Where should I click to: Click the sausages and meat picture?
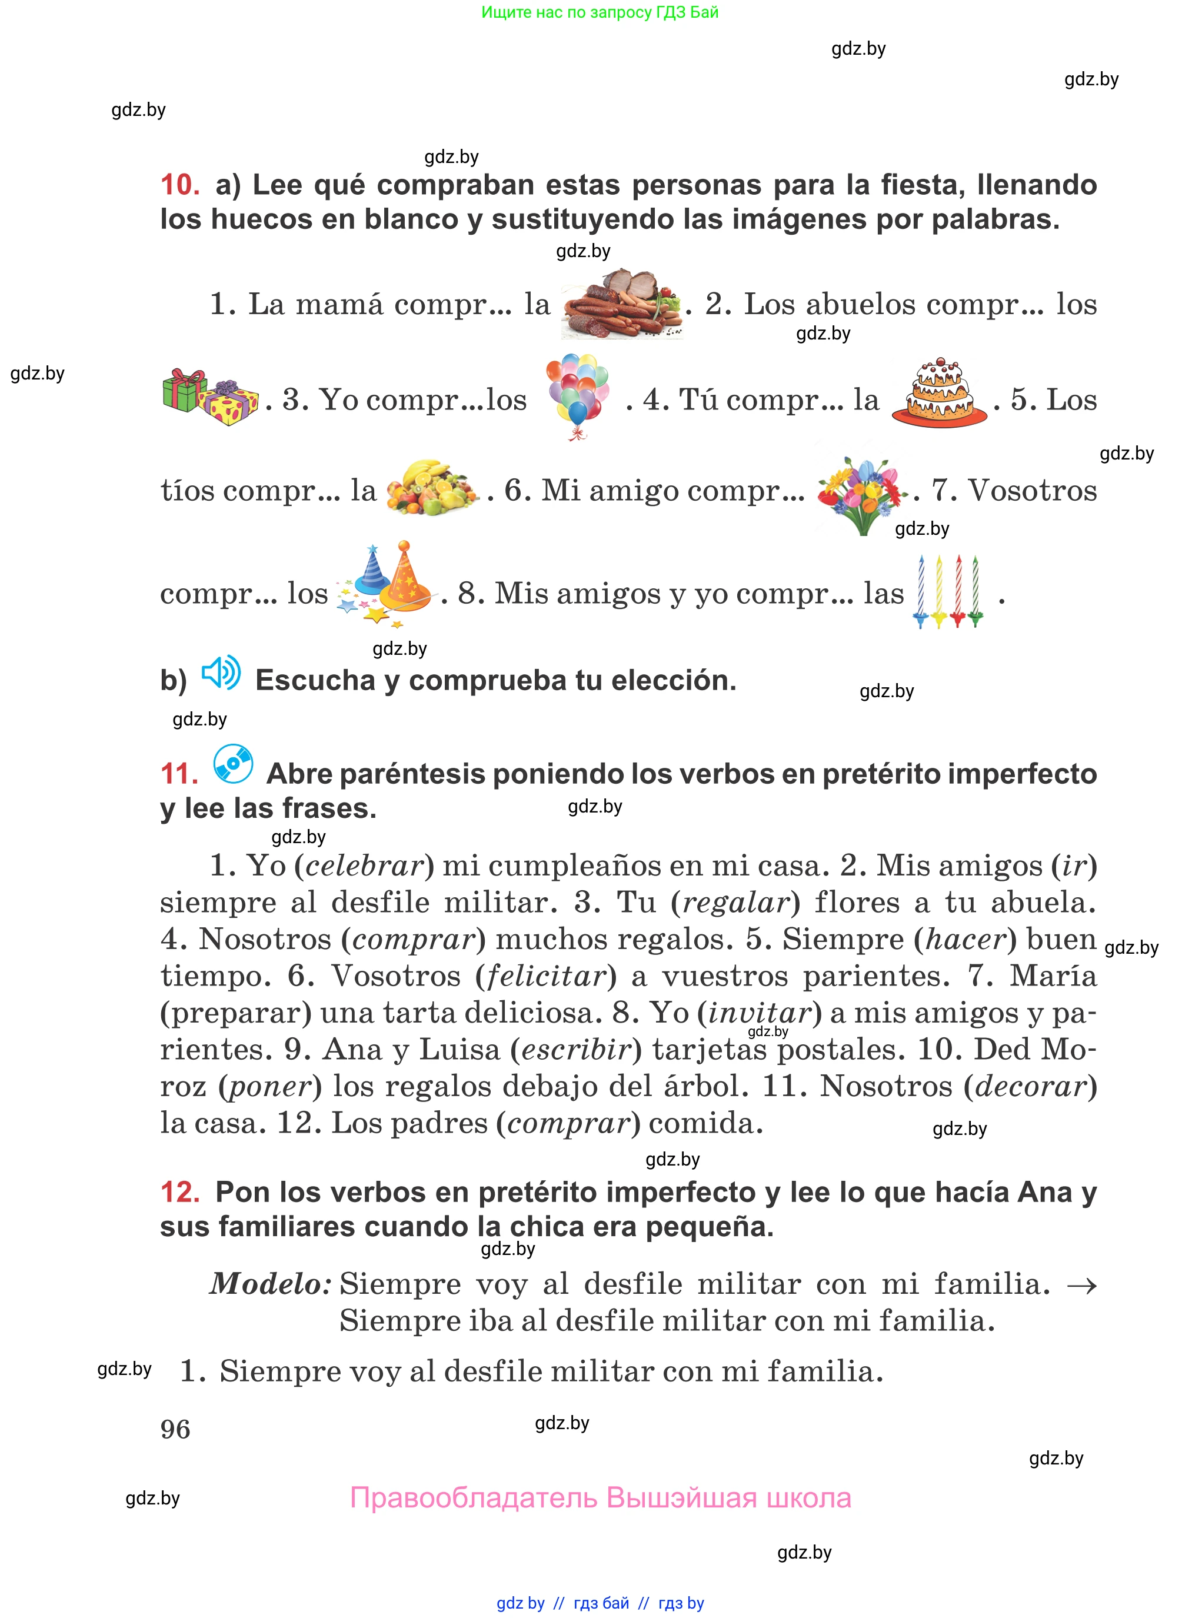(622, 304)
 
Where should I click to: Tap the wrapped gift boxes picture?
(209, 397)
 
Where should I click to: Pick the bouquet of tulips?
(861, 493)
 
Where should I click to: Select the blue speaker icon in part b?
(221, 673)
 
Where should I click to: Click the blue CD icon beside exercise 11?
(233, 764)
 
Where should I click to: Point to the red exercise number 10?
(179, 185)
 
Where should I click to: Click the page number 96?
(175, 1430)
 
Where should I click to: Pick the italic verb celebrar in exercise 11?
(364, 865)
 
